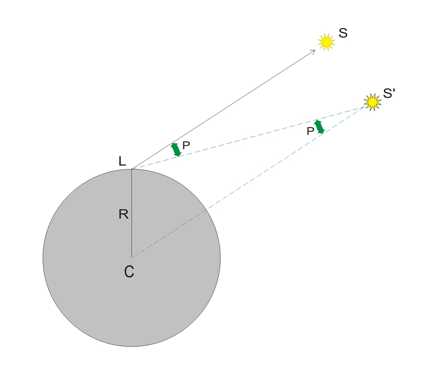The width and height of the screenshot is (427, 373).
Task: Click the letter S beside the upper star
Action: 343,33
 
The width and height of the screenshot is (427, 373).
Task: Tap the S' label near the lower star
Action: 389,94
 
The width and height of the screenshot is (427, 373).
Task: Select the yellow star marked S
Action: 326,42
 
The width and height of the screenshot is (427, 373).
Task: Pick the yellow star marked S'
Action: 373,102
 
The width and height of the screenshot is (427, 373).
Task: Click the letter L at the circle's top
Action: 122,161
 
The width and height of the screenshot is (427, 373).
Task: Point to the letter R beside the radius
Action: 124,214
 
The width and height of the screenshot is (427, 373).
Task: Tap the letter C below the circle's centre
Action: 129,272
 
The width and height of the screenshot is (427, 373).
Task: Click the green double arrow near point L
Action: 176,150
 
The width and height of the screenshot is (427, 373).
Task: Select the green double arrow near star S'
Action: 319,127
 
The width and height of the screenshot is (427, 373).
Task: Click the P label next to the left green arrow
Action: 186,146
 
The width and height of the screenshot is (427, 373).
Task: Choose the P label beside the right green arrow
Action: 310,132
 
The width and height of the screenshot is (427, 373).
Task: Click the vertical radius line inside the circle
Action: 132,213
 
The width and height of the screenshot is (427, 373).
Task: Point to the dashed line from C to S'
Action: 248,182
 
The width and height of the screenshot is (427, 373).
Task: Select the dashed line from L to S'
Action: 248,138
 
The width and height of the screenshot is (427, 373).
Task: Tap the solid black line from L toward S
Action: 223,110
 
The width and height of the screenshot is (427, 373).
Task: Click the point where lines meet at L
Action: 132,169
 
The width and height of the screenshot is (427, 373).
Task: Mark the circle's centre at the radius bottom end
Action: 132,257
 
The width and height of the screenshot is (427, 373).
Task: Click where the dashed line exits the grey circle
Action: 207,209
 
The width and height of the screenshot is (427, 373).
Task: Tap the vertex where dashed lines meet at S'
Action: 365,107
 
